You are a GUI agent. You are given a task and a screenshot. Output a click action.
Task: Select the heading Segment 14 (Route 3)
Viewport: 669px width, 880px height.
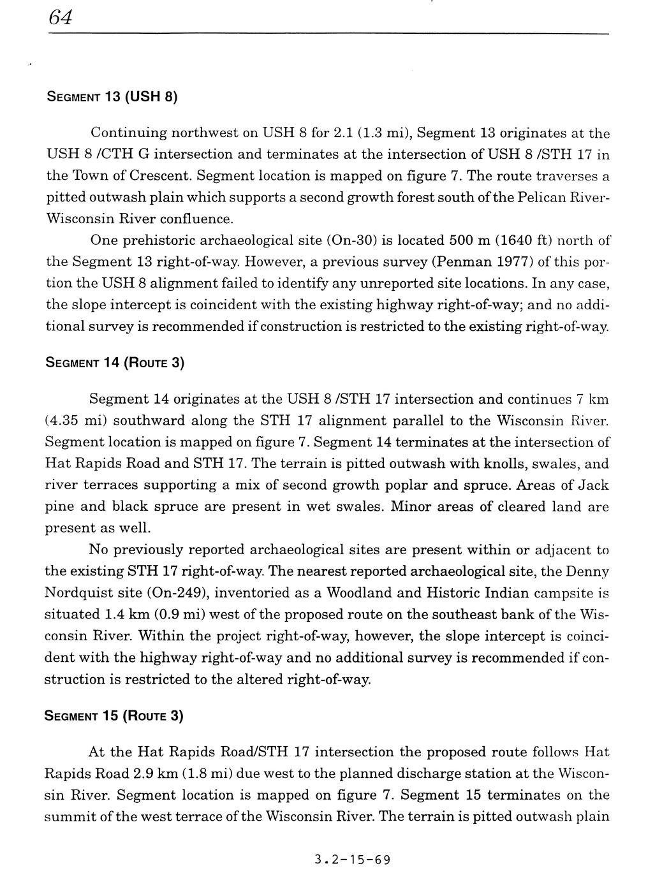114,363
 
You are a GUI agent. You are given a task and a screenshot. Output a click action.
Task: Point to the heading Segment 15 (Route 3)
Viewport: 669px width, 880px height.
114,716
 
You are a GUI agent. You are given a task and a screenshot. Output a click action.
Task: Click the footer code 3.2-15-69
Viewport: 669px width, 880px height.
352,859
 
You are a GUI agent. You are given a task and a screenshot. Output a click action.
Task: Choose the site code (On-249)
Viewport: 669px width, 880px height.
177,593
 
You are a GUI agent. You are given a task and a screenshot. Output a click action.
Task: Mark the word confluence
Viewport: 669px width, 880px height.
196,219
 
